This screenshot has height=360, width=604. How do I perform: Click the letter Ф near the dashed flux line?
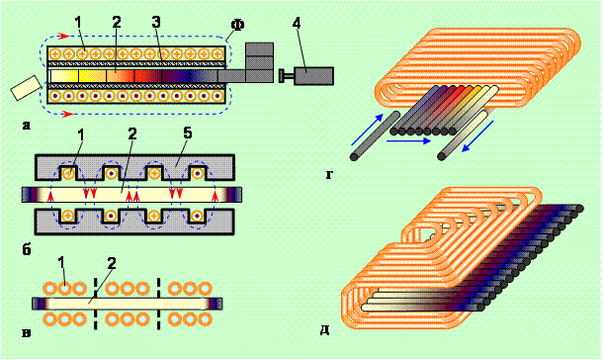pyautogui.click(x=238, y=25)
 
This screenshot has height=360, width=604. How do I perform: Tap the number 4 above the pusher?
pyautogui.click(x=296, y=23)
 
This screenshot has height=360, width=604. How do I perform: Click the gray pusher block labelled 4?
pyautogui.click(x=313, y=75)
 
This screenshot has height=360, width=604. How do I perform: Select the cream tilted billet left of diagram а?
pyautogui.click(x=26, y=88)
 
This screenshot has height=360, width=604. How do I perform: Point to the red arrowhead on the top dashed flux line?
pyautogui.click(x=63, y=37)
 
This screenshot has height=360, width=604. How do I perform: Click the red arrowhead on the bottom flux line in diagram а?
pyautogui.click(x=67, y=114)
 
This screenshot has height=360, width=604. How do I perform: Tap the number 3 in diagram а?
pyautogui.click(x=155, y=23)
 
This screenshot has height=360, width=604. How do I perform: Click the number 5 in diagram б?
pyautogui.click(x=187, y=134)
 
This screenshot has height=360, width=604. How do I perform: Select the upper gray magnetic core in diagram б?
pyautogui.click(x=134, y=167)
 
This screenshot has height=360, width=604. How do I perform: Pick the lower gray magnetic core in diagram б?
pyautogui.click(x=134, y=222)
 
